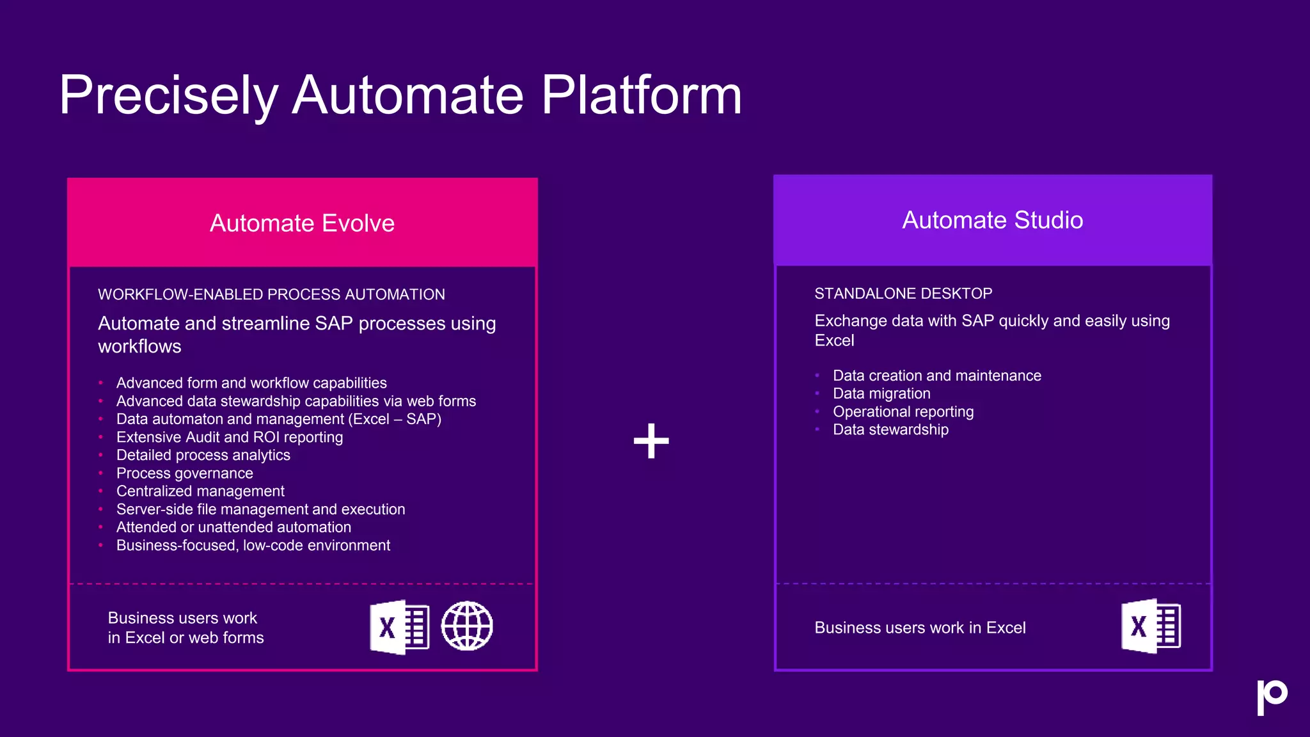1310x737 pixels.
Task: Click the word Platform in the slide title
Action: [x=641, y=96]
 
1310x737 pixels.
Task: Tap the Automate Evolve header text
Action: [x=302, y=223]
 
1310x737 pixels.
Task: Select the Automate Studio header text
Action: [x=992, y=220]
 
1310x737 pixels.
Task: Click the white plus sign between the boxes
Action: [x=651, y=441]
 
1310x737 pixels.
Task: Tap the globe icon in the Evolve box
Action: [x=467, y=626]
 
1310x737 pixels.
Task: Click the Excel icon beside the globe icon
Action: [x=399, y=627]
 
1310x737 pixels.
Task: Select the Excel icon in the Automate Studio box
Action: [x=1151, y=626]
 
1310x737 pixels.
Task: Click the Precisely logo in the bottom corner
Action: [x=1272, y=697]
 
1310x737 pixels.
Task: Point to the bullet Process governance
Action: [x=184, y=473]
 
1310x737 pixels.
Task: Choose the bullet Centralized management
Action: [x=200, y=491]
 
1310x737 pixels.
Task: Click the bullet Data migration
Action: [x=881, y=393]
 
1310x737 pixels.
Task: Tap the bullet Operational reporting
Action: [x=903, y=412]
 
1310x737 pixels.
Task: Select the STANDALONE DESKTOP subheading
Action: [x=903, y=294]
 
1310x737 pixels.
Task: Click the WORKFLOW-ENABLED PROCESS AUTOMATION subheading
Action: [x=271, y=295]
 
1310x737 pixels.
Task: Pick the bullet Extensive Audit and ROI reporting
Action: [x=230, y=438]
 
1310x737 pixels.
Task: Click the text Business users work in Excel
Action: [x=920, y=628]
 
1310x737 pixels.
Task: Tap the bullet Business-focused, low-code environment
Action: [x=253, y=546]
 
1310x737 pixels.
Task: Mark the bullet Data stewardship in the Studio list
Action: [x=890, y=430]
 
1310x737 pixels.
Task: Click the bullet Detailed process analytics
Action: [x=203, y=456]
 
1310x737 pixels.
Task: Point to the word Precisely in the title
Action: [x=168, y=96]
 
